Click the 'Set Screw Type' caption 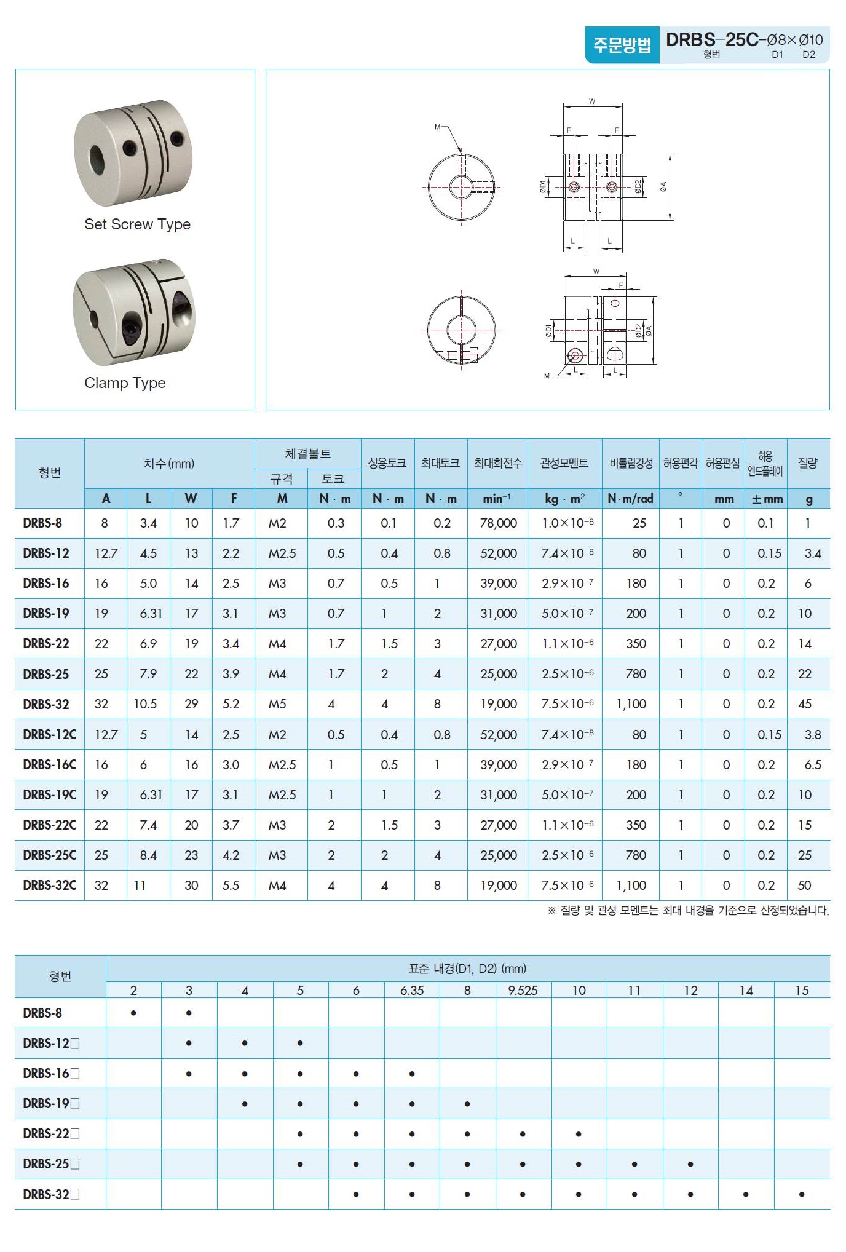[x=137, y=224]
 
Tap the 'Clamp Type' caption [x=125, y=383]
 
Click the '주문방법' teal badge [x=622, y=45]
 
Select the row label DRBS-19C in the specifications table [x=50, y=794]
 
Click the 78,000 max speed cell [x=498, y=523]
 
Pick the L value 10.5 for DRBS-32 [x=146, y=704]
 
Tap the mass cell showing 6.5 [x=812, y=764]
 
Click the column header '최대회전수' [x=498, y=463]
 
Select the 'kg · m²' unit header [x=564, y=499]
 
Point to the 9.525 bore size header [x=523, y=990]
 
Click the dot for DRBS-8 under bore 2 [x=133, y=1013]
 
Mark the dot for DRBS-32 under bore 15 [x=802, y=1194]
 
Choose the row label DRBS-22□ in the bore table [x=51, y=1133]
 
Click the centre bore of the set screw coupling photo [x=98, y=160]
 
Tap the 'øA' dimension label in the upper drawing [x=663, y=186]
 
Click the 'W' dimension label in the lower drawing [x=596, y=271]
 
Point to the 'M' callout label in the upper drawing [x=438, y=127]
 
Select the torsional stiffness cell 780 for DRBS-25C [x=635, y=855]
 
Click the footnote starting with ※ [x=688, y=911]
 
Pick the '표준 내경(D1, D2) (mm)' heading [x=467, y=969]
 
